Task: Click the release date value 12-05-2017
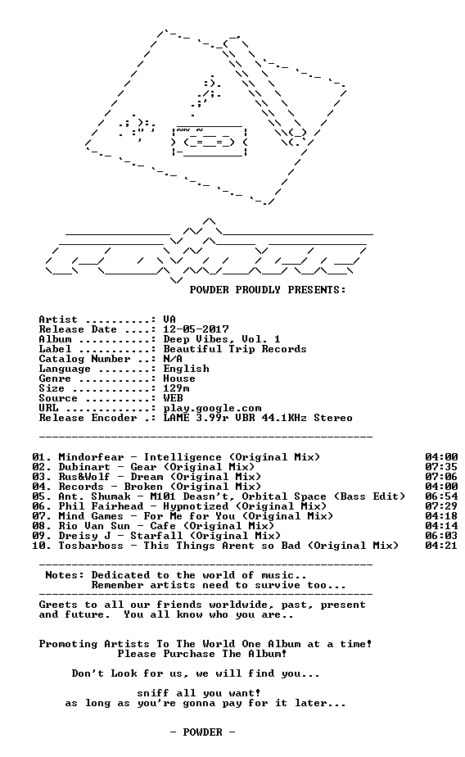click(x=196, y=329)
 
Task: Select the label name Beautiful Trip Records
click(x=235, y=349)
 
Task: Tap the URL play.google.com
click(x=212, y=409)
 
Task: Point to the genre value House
click(x=179, y=378)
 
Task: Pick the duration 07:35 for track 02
click(x=441, y=467)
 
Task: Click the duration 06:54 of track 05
click(x=441, y=496)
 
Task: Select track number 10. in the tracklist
click(x=42, y=546)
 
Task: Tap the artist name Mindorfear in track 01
click(x=91, y=457)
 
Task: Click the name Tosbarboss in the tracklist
click(x=91, y=546)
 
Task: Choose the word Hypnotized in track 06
click(x=196, y=506)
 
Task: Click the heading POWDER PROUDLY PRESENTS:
click(x=268, y=290)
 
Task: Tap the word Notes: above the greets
click(x=65, y=575)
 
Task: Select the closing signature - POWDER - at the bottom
click(x=202, y=732)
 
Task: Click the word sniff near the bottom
click(x=153, y=693)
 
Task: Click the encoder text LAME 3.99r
click(x=196, y=418)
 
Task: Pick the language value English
click(x=186, y=369)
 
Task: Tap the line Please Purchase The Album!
click(x=202, y=654)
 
